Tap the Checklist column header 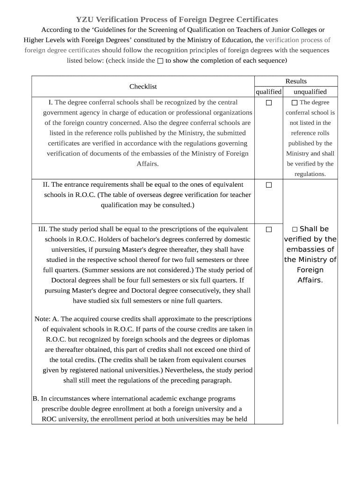point(143,87)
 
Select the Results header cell point(296,81)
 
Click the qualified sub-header point(269,92)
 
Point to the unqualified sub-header point(310,92)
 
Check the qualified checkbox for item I point(269,102)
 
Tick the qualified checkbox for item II point(269,185)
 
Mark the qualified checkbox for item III point(269,229)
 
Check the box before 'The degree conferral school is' point(295,102)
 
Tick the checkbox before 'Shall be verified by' point(295,229)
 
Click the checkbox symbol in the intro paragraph point(160,61)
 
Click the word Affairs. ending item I point(148,164)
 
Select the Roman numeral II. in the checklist point(46,184)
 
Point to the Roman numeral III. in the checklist point(43,229)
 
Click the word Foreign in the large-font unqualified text point(310,270)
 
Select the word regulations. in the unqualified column point(310,174)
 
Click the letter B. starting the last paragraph point(36,399)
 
